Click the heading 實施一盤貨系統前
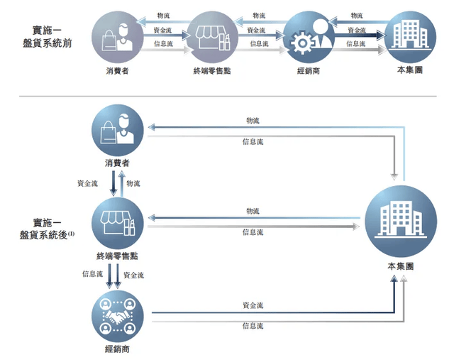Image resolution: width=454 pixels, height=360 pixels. pos(47,36)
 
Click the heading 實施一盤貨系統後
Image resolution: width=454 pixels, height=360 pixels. pos(43,228)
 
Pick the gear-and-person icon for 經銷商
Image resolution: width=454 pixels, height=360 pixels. pos(309,38)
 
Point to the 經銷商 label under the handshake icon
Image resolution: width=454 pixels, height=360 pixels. pos(118,349)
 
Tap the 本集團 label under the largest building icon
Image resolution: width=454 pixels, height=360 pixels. pos(401,266)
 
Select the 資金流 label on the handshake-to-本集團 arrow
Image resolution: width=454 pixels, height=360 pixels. pos(253,305)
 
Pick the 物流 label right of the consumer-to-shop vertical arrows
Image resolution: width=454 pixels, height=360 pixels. pos(133,183)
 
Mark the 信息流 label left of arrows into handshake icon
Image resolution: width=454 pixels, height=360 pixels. pos(92,274)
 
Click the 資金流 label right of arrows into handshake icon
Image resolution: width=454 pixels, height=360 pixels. pos(134,274)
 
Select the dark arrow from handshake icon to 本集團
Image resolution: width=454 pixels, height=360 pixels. pos(270,312)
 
